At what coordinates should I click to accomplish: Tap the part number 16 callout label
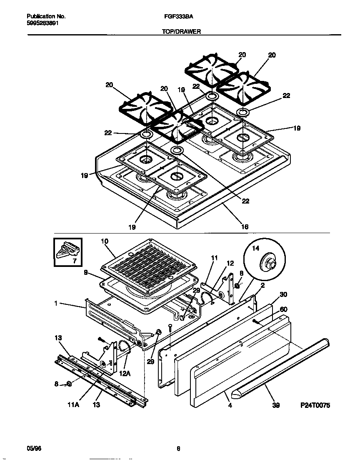[245, 226]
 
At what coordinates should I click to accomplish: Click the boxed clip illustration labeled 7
[67, 251]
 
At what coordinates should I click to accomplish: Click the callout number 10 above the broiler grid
[104, 241]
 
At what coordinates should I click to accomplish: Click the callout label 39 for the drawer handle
[275, 405]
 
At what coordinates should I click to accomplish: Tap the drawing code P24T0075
[315, 405]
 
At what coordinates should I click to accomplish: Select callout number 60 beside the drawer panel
[283, 309]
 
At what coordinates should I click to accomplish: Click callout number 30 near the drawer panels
[283, 294]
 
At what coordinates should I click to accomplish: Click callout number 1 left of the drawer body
[55, 304]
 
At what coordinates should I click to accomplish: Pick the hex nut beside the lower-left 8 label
[69, 384]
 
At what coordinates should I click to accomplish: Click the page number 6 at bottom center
[178, 449]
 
